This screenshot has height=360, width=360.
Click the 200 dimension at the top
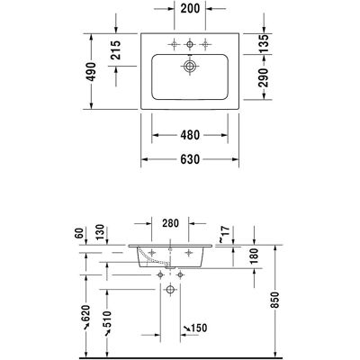coord(190,8)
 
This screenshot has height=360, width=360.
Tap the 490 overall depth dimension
coord(91,72)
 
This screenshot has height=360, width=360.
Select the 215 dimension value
coord(115,49)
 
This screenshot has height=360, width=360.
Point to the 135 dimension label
coord(264,43)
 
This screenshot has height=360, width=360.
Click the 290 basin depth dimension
coord(263,77)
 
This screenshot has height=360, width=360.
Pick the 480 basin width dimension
coord(190,135)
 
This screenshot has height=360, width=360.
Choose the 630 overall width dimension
coord(190,159)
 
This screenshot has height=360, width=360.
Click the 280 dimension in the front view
coord(170,223)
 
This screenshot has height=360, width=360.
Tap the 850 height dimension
coord(274,300)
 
